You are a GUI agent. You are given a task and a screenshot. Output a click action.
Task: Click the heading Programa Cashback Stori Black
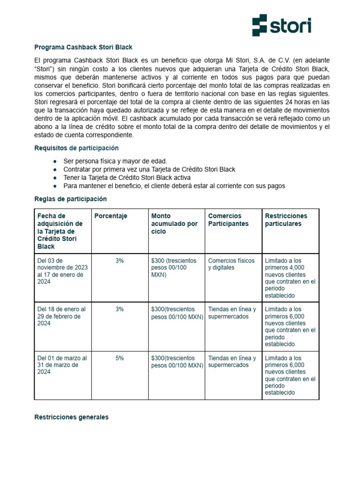coord(83,47)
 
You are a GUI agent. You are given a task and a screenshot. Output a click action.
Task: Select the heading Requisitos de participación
coord(76,148)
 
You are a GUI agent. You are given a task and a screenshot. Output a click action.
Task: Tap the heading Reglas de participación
coord(71,199)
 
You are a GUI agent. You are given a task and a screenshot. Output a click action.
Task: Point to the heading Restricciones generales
coord(71,417)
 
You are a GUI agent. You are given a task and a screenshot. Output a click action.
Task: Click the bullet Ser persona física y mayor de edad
coord(115,161)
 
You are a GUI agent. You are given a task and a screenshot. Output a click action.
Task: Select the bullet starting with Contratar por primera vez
coord(149,169)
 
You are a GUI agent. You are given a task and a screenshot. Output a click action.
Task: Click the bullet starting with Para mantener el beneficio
coord(174,186)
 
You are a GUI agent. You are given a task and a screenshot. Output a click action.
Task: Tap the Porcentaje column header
coord(111,216)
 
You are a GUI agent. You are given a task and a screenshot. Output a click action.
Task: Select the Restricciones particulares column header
coord(286,220)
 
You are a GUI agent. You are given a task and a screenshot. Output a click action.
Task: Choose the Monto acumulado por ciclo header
coord(174,224)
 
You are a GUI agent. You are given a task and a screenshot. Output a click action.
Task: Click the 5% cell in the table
coord(120,358)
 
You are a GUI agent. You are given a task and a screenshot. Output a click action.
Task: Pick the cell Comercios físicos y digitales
coord(232,264)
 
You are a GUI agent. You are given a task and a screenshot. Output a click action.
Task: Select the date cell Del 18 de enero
coord(61,316)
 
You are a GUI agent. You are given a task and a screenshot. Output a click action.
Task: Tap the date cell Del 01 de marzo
coord(61,365)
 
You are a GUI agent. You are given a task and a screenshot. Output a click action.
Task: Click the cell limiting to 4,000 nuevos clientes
coord(290,278)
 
